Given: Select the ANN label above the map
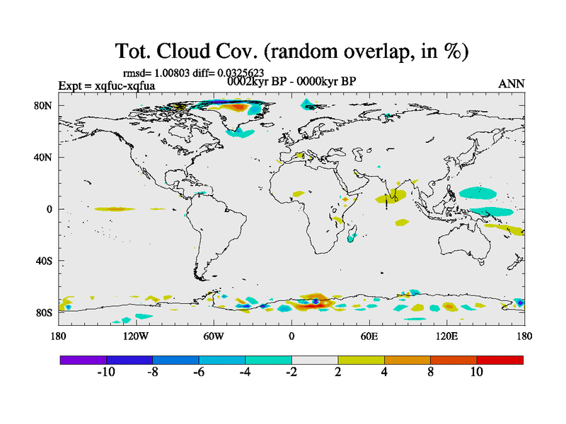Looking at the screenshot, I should coord(512,84).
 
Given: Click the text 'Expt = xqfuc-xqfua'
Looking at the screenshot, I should coord(107,86).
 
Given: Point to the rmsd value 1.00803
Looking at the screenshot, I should coord(165,73).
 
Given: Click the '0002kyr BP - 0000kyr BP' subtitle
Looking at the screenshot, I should coord(291,81).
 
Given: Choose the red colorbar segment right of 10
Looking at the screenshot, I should coord(500,360).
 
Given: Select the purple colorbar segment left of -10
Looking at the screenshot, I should coord(83,360).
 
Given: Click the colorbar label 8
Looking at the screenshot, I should coord(430,372).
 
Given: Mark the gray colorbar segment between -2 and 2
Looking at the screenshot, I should coord(315,360).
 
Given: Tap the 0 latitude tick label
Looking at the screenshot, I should coord(50,209).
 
